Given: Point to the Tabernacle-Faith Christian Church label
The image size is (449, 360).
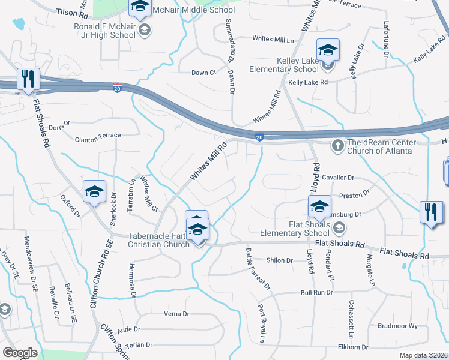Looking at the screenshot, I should click(x=158, y=240).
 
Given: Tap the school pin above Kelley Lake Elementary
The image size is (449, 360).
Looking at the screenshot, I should click(x=328, y=50).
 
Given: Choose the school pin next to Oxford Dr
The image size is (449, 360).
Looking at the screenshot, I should click(x=95, y=191).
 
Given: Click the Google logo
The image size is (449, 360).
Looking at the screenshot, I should click(x=20, y=352).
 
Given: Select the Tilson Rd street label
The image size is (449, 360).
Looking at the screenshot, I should click(x=72, y=12).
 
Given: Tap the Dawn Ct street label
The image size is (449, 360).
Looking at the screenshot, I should click(x=203, y=73).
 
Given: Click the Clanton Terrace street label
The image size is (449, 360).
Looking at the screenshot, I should click(x=98, y=136).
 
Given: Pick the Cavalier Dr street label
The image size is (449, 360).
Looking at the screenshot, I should click(x=339, y=178).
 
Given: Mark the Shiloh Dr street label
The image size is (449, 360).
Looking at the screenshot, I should click(x=280, y=260).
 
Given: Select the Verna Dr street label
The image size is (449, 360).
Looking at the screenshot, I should click(x=176, y=314).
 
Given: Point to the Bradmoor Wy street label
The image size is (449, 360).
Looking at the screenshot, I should click(x=397, y=326).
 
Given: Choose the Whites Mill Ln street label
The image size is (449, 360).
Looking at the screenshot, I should click(x=273, y=39).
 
